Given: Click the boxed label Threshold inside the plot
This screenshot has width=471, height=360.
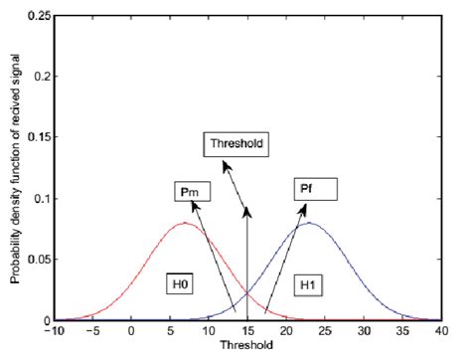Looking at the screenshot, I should [x=235, y=143].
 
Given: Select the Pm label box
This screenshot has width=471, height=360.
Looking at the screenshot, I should [x=184, y=189].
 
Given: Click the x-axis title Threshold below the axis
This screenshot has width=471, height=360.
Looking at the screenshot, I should [x=247, y=349].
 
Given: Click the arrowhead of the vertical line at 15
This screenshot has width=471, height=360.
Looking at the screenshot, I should [x=247, y=206].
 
